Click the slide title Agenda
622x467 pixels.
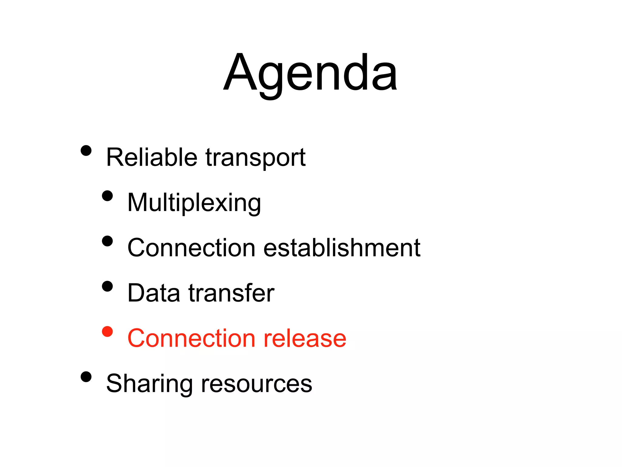310,73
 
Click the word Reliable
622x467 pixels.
152,157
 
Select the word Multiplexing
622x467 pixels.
194,203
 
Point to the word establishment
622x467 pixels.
342,248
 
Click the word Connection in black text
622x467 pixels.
191,248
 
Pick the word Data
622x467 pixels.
154,293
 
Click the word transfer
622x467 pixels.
231,293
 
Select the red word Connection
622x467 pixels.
191,338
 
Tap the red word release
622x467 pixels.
305,338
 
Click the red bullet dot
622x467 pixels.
107,331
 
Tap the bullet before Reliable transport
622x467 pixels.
86,150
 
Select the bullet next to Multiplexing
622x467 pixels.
107,196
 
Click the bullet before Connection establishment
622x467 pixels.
107,241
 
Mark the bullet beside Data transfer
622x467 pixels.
107,286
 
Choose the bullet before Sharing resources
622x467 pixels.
86,377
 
